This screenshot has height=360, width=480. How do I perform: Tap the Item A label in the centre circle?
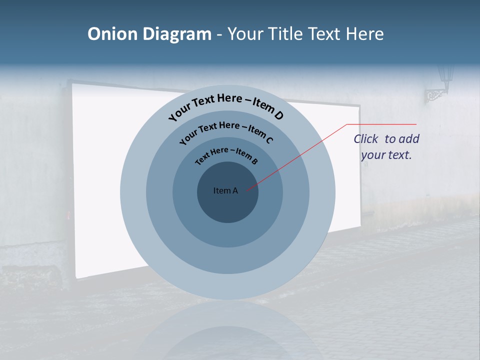pos(225,190)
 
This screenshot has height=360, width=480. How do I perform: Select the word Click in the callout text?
pos(365,139)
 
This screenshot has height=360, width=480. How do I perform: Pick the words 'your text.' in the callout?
pos(386,155)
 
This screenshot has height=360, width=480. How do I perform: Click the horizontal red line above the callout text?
pos(381,124)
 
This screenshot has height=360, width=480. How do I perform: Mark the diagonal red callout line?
pos(295,157)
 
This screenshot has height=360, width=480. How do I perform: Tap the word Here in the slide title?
pos(359,34)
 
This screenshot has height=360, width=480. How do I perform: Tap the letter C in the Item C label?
pos(269,140)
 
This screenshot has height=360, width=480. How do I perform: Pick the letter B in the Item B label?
pos(254,161)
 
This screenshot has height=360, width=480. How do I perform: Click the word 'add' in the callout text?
pos(409,139)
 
